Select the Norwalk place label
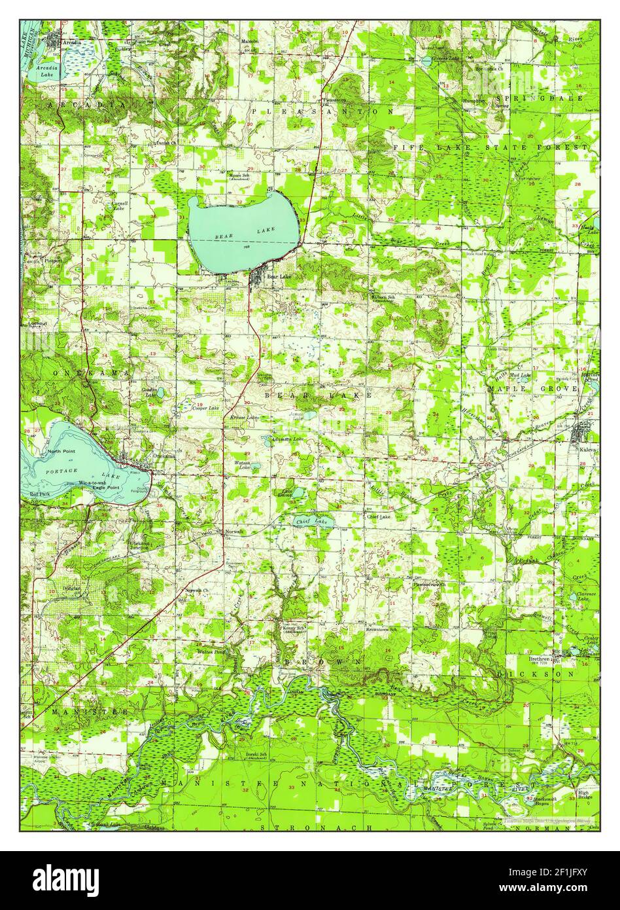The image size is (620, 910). [x=234, y=531]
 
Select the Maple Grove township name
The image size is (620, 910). [x=532, y=388]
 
